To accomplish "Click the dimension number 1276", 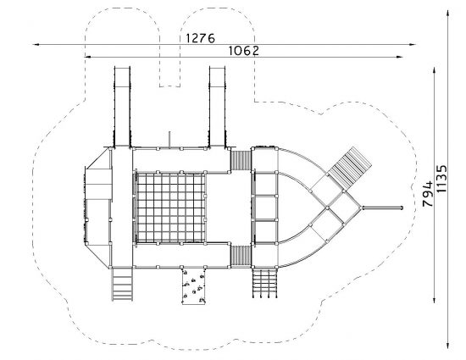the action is (x=200, y=38).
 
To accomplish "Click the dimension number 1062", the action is (x=244, y=51).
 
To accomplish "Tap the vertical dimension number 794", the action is (x=428, y=194).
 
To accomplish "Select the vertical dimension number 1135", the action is (x=441, y=179).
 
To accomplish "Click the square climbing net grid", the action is (x=170, y=208).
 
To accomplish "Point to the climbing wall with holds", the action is (x=193, y=286).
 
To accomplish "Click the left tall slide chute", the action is (x=122, y=107).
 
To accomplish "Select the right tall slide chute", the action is (x=217, y=107).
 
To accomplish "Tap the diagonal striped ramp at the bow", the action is (x=349, y=168).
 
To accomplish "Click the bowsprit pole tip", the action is (x=402, y=208).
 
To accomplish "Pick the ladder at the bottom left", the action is (x=122, y=285).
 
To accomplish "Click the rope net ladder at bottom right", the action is (x=264, y=283).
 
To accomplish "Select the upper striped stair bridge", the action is (x=241, y=160).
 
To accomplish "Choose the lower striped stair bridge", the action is (x=241, y=257).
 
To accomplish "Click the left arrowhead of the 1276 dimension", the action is (x=36, y=45).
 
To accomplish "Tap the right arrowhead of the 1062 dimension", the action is (x=400, y=57).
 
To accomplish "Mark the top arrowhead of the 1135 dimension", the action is (x=447, y=14).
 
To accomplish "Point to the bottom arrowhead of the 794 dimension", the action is (x=434, y=300).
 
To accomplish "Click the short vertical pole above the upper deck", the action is (x=169, y=140).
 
